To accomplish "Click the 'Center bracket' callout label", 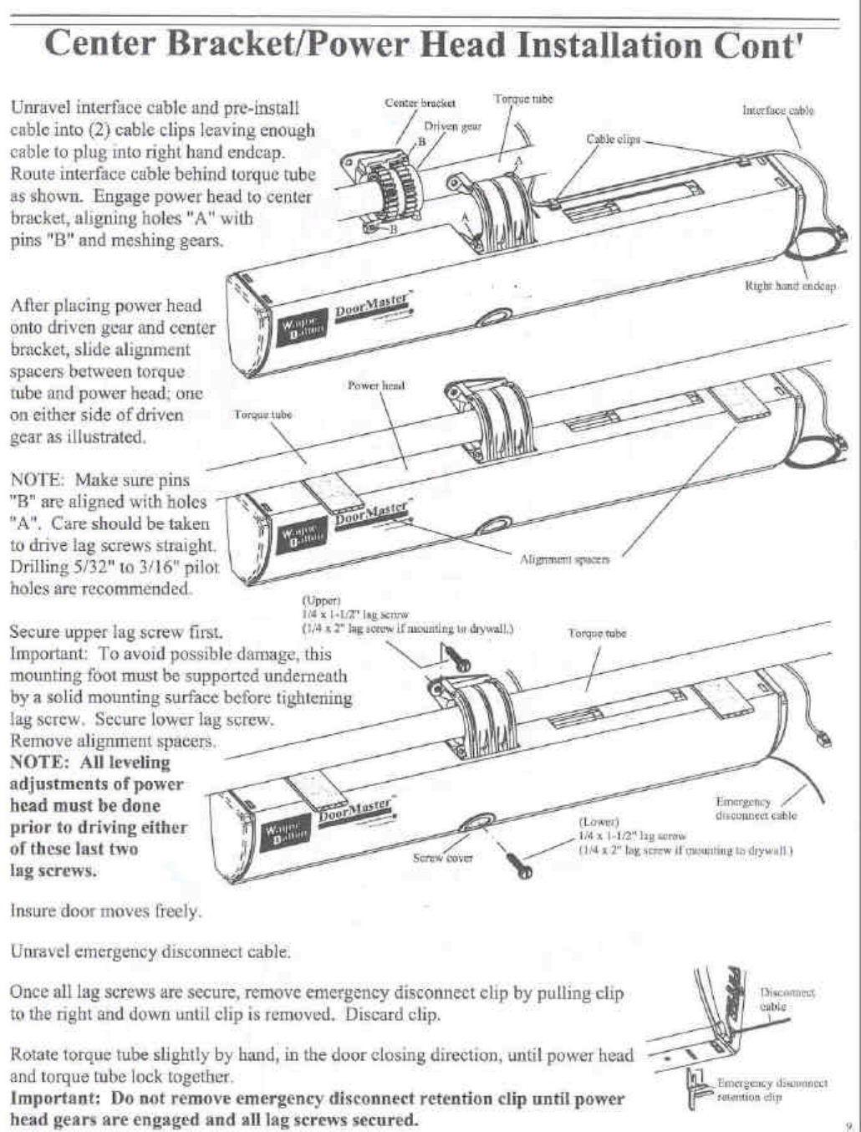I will [x=420, y=103].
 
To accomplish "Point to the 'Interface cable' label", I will [x=777, y=110].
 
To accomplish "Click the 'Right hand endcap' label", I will [x=790, y=285].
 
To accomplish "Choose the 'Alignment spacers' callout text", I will [x=565, y=559].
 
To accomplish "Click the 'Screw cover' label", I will [x=442, y=858].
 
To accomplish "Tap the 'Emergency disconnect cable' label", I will [x=756, y=808].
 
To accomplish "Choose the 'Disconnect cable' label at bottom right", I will [x=787, y=999].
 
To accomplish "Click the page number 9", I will [x=848, y=1124].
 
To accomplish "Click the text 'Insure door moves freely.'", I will [x=105, y=910].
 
